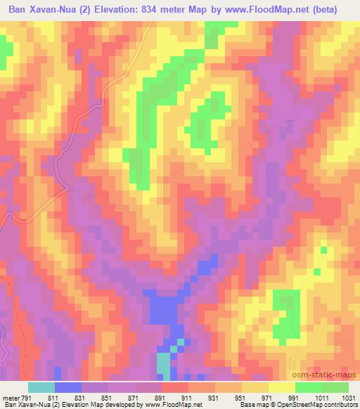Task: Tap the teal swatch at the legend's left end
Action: pos(41,387)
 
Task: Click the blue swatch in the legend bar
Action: pos(68,387)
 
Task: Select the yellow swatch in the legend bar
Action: pos(282,387)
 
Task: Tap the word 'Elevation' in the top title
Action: pos(103,10)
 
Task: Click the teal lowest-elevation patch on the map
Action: pos(163,365)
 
